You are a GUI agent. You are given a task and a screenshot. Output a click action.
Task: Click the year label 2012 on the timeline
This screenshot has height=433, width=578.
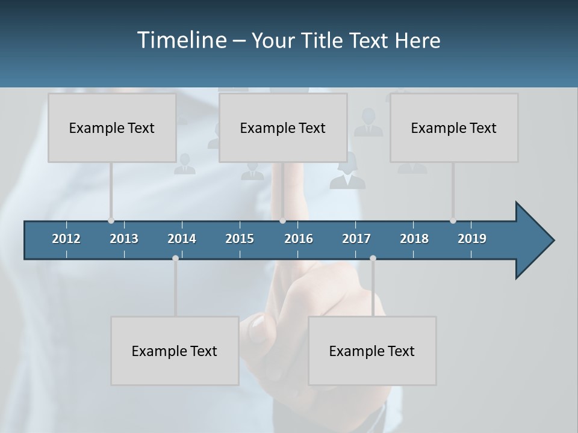click(x=66, y=239)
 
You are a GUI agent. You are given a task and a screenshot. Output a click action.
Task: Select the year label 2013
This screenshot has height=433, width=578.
click(x=124, y=239)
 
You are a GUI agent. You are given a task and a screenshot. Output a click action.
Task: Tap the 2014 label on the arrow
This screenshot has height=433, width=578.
click(x=182, y=239)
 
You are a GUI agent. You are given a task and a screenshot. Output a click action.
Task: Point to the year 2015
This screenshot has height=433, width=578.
click(x=240, y=239)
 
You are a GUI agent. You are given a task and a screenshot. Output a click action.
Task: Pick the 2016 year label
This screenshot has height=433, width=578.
click(x=299, y=239)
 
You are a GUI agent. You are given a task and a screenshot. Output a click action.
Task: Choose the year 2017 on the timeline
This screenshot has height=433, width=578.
click(x=356, y=239)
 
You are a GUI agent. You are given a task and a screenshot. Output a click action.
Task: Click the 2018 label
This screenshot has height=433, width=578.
click(x=414, y=239)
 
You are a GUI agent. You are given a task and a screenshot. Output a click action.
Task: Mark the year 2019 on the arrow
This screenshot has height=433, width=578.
click(x=472, y=239)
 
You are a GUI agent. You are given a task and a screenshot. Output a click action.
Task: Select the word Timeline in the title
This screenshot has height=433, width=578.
click(x=181, y=40)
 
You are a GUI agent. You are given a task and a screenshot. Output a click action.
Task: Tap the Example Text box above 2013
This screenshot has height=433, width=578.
click(x=112, y=127)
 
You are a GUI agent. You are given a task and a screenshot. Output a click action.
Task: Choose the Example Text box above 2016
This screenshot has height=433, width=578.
click(x=283, y=127)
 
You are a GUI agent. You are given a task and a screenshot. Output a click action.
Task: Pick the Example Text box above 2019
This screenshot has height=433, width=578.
click(x=454, y=127)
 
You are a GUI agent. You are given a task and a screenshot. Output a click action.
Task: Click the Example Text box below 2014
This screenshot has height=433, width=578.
click(x=175, y=351)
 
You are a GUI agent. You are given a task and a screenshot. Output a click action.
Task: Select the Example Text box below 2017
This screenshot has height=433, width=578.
click(x=372, y=351)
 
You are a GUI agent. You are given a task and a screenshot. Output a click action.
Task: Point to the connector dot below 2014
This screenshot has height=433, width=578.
click(x=175, y=258)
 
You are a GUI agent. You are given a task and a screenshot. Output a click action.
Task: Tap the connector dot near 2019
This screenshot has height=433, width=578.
click(x=453, y=221)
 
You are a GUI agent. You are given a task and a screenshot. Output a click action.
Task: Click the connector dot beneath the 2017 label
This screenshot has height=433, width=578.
click(x=373, y=258)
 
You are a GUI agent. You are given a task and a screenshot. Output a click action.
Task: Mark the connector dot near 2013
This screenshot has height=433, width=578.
click(x=111, y=221)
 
